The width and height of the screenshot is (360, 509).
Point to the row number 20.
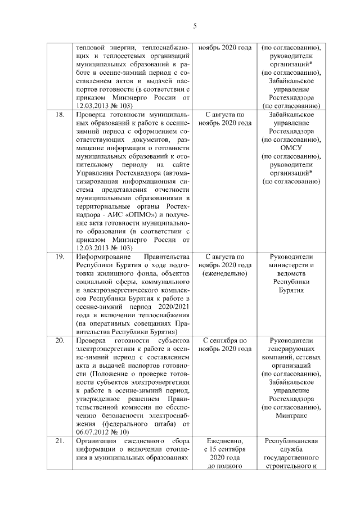59,341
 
